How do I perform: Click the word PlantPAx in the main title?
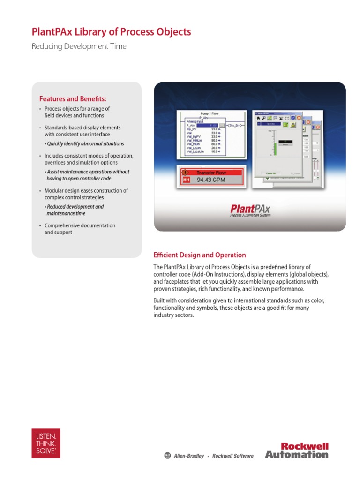52,32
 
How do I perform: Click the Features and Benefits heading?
73,99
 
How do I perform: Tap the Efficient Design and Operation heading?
200,255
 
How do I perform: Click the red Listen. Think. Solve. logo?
46,443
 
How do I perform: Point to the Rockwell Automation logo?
297,450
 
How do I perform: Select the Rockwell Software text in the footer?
233,456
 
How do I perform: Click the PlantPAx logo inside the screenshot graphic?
250,209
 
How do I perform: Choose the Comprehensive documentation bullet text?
80,225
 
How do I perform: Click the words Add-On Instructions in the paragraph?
215,274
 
